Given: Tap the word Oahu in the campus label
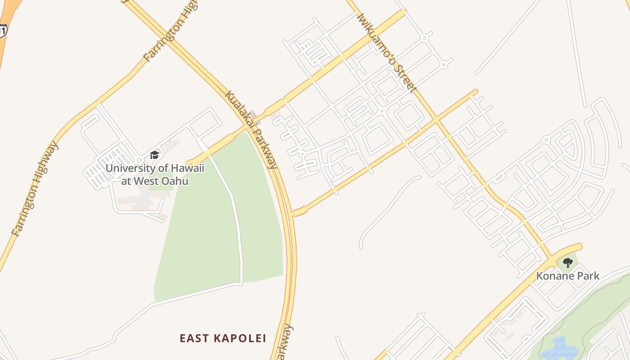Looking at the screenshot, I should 175,181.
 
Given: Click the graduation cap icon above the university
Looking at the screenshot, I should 155,155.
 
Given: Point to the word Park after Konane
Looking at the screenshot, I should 589,276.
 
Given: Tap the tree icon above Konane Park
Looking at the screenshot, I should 568,262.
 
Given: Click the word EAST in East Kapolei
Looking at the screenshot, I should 195,338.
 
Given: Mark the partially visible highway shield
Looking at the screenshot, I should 3,30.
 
